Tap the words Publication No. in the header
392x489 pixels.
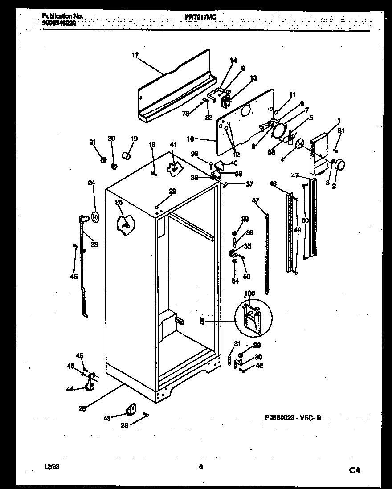62,16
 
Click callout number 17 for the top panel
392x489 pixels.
135,55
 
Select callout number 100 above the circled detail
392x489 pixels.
250,294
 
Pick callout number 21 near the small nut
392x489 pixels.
93,142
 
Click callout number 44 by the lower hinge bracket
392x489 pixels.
69,389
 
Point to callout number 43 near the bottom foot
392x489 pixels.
107,417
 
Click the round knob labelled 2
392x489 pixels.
340,165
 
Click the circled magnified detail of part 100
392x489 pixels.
253,318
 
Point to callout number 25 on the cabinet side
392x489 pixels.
118,202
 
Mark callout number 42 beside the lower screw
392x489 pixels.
260,366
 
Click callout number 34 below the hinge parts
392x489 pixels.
235,281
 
